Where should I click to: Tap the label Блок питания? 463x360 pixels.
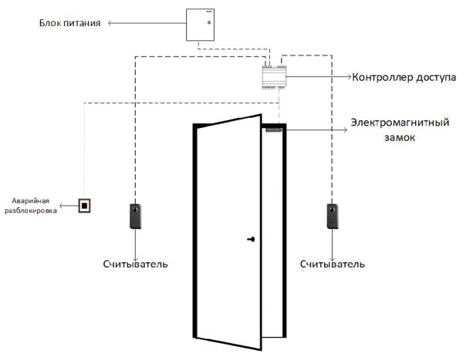tap(70, 24)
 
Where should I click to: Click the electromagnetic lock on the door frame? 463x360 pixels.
tap(272, 131)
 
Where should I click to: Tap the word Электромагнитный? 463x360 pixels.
tap(400, 123)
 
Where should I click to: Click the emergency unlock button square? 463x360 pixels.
tap(84, 206)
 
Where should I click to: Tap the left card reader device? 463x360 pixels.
tap(137, 216)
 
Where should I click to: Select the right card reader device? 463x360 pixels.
tap(333, 216)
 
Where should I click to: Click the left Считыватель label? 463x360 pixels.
tap(136, 264)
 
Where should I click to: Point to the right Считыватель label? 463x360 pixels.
tap(332, 264)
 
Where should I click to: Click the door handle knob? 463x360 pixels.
tap(251, 240)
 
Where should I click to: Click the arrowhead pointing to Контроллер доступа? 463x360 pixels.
tap(350, 77)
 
